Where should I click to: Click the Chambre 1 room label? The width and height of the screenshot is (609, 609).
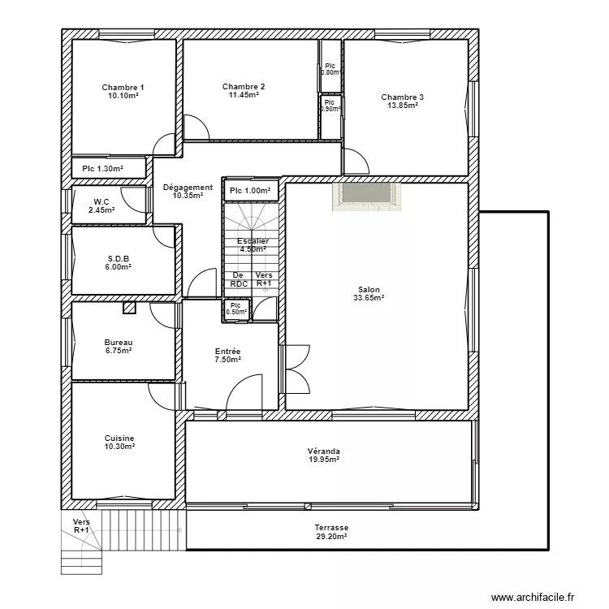pyautogui.click(x=123, y=88)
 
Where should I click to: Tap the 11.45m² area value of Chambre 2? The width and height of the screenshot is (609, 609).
pyautogui.click(x=244, y=96)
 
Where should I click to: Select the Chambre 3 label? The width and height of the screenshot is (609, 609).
pyautogui.click(x=402, y=97)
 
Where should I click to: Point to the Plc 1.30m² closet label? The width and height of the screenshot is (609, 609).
pyautogui.click(x=102, y=169)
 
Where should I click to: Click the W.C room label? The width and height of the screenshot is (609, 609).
pyautogui.click(x=101, y=202)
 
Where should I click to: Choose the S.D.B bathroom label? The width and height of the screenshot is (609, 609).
pyautogui.click(x=119, y=259)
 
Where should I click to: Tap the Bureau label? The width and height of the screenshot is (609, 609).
pyautogui.click(x=118, y=343)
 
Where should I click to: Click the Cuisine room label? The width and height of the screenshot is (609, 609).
pyautogui.click(x=119, y=438)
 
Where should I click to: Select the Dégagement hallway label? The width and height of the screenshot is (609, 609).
pyautogui.click(x=188, y=188)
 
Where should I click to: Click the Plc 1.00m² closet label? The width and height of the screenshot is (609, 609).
pyautogui.click(x=249, y=191)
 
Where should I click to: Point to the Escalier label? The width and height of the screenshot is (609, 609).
pyautogui.click(x=253, y=241)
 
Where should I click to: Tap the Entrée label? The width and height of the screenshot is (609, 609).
pyautogui.click(x=227, y=351)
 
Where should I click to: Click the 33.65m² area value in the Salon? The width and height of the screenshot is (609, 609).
pyautogui.click(x=369, y=298)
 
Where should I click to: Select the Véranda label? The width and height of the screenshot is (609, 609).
pyautogui.click(x=323, y=451)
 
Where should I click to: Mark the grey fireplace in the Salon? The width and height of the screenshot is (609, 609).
pyautogui.click(x=365, y=196)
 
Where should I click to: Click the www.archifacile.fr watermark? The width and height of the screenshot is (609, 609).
pyautogui.click(x=538, y=597)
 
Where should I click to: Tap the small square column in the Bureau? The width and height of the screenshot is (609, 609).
pyautogui.click(x=128, y=308)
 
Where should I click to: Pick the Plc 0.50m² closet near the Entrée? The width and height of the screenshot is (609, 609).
pyautogui.click(x=236, y=309)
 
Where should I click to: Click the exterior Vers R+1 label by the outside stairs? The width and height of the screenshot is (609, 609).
pyautogui.click(x=81, y=525)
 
